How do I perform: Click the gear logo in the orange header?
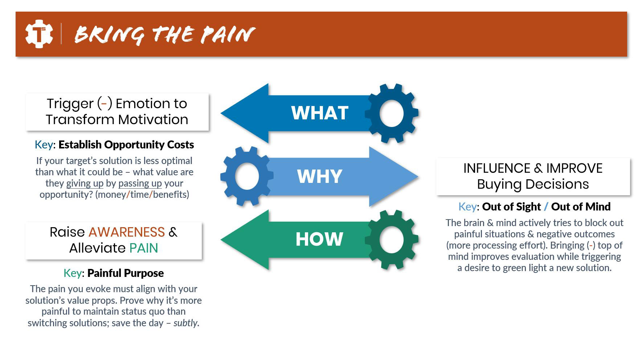click(39, 34)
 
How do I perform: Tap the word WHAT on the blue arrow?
click(320, 113)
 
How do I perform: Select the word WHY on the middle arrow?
click(319, 176)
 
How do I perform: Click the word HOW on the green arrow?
click(319, 240)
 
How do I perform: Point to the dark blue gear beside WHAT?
click(392, 113)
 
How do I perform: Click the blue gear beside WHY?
click(247, 176)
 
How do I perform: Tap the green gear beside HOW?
click(392, 240)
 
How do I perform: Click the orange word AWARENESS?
click(127, 232)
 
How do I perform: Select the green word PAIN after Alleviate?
click(144, 248)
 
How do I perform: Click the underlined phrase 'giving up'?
click(85, 183)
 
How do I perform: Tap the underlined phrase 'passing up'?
click(140, 183)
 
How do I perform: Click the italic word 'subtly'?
click(185, 323)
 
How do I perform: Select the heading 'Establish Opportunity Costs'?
click(126, 145)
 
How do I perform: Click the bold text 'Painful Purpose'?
click(126, 273)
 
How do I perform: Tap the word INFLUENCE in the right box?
click(496, 168)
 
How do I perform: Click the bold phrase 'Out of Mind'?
click(581, 207)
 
